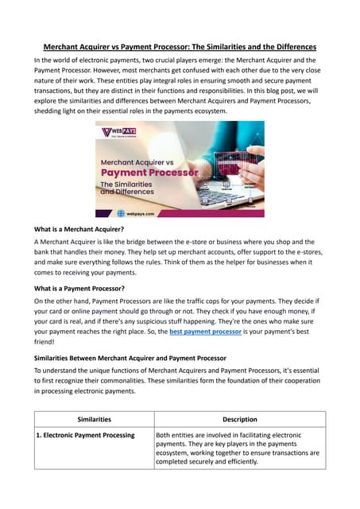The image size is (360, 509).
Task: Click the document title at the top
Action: [x=180, y=46]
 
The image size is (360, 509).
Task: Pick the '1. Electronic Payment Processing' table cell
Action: [x=86, y=435]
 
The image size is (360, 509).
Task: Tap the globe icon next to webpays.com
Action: [x=121, y=213]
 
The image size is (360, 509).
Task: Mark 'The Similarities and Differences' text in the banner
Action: [x=129, y=189]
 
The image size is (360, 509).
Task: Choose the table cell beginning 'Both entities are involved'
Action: [x=238, y=448]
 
